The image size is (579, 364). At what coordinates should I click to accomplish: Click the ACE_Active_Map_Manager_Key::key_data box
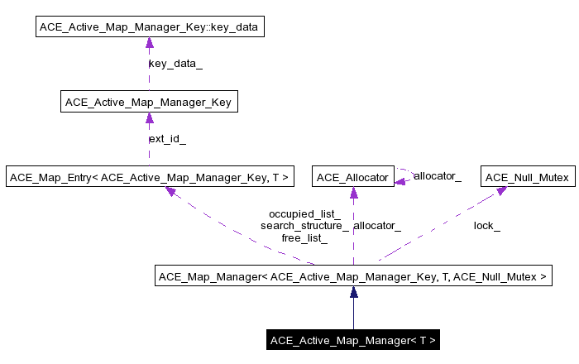tap(149, 27)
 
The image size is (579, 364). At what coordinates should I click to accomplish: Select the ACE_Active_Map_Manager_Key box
tap(149, 103)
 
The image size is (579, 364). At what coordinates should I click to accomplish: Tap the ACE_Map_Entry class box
tap(149, 177)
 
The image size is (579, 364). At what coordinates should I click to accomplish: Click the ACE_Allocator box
tap(353, 177)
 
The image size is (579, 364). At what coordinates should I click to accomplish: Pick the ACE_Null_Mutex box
tap(527, 177)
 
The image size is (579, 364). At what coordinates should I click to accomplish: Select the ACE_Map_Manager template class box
tap(353, 276)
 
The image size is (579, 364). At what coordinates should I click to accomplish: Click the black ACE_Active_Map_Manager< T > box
tap(353, 340)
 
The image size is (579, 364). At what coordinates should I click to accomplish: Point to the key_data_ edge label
tap(175, 64)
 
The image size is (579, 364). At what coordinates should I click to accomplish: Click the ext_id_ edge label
tap(167, 138)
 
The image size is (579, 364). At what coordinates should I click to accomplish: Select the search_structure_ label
tap(304, 225)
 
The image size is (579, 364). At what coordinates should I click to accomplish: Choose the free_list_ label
tap(304, 237)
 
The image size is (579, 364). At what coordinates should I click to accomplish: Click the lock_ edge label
tap(486, 225)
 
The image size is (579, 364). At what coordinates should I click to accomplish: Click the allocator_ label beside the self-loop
tap(437, 176)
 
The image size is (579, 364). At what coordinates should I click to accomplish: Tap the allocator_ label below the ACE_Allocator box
tap(377, 225)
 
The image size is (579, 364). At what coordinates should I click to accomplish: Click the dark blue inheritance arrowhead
tap(353, 292)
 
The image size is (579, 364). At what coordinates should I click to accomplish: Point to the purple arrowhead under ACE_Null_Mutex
tap(500, 192)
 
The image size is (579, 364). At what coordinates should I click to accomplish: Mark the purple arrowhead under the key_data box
tap(149, 43)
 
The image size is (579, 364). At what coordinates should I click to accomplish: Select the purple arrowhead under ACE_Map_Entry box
tap(170, 192)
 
